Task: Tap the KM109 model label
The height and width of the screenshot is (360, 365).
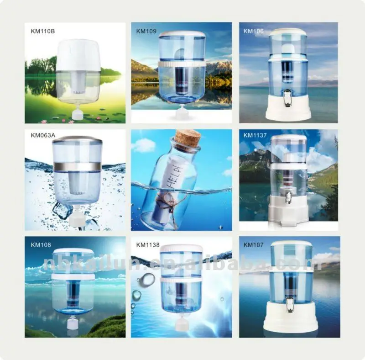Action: click(x=146, y=31)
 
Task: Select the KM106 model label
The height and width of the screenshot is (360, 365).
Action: click(x=254, y=31)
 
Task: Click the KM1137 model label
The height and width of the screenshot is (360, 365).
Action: click(x=255, y=135)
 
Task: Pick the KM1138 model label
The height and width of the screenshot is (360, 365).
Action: click(x=147, y=244)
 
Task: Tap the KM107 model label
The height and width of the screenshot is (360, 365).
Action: click(x=254, y=244)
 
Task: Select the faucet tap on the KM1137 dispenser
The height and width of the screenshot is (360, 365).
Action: click(x=288, y=198)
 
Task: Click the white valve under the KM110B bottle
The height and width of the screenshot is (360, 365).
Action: click(x=78, y=113)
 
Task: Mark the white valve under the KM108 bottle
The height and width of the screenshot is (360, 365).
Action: click(x=73, y=323)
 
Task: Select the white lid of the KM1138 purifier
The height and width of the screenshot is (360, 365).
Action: click(x=181, y=248)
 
